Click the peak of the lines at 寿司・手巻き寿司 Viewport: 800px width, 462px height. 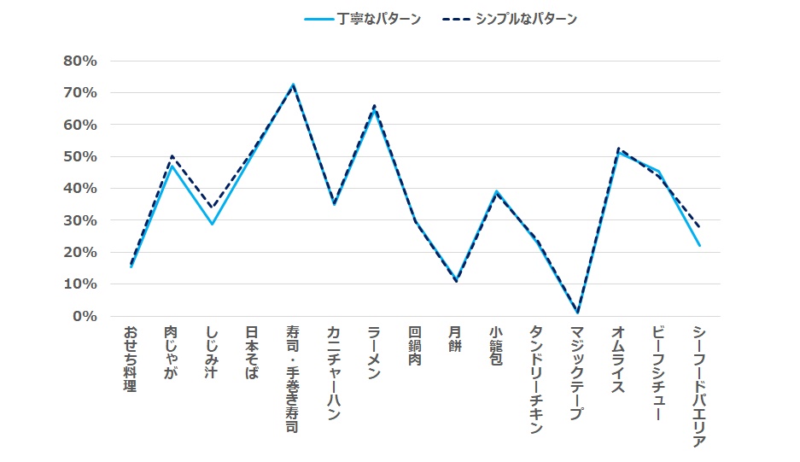(x=293, y=85)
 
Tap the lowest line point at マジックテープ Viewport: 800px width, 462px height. (x=577, y=313)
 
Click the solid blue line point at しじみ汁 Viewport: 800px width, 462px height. (x=212, y=224)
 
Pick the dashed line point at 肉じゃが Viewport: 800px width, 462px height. (x=172, y=156)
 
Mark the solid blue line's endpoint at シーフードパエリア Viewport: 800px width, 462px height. (x=699, y=246)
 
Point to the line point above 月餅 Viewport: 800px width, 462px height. (x=456, y=281)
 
